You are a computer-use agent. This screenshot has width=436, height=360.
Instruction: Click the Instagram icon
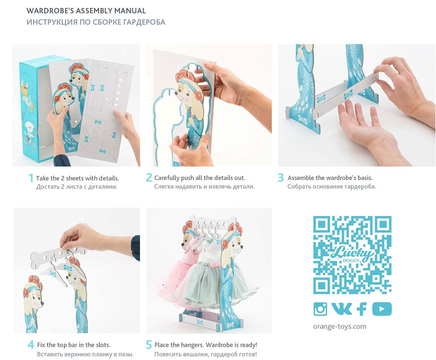pyautogui.click(x=320, y=309)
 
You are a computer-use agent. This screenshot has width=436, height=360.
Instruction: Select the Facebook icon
pyautogui.click(x=361, y=309)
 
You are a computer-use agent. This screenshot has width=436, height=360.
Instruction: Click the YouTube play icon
pyautogui.click(x=382, y=309)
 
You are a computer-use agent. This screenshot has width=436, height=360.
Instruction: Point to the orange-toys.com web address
pyautogui.click(x=340, y=327)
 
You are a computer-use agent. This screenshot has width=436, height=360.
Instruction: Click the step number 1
pyautogui.click(x=31, y=178)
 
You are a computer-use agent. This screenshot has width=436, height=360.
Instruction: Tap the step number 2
pyautogui.click(x=149, y=178)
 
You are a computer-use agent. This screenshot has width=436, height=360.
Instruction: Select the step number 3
pyautogui.click(x=280, y=178)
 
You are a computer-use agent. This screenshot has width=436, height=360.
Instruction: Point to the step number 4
pyautogui.click(x=31, y=345)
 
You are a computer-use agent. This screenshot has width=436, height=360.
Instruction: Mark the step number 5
pyautogui.click(x=149, y=345)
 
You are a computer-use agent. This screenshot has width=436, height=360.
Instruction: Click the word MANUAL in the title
pyautogui.click(x=130, y=11)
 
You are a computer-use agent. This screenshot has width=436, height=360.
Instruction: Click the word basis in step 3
pyautogui.click(x=363, y=178)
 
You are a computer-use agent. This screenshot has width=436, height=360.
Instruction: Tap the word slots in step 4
pyautogui.click(x=103, y=345)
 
